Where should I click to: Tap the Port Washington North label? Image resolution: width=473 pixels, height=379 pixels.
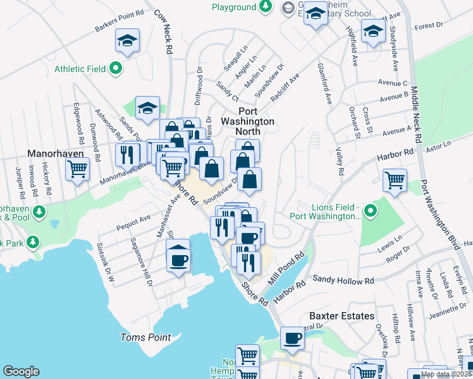247,126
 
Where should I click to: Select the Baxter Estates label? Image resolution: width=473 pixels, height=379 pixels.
341,316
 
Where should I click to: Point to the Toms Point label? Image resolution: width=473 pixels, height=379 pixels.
145,337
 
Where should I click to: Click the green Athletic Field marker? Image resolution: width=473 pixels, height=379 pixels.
116,69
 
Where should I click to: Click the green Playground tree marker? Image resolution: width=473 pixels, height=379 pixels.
266,7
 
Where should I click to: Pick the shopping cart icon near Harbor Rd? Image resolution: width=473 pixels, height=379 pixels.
395,179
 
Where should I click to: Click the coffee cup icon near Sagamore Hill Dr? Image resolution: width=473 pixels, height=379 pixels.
179,258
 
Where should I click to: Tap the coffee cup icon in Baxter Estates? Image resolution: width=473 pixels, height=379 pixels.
292,337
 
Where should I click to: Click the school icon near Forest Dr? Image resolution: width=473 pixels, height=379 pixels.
373,30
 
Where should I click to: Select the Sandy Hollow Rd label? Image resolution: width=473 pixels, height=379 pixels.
343,279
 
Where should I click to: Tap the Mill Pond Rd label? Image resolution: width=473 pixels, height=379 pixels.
288,267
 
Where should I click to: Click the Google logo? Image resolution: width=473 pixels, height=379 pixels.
21,371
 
